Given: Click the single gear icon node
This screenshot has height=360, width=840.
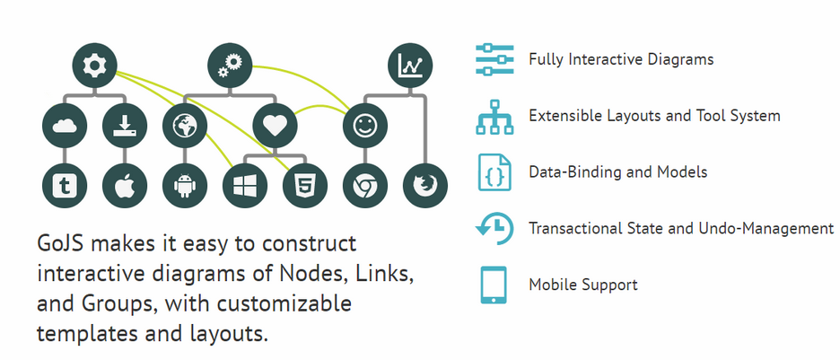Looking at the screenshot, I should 94,65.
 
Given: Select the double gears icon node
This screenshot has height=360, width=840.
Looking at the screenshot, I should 230,65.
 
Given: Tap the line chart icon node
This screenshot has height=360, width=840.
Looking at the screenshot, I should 411,65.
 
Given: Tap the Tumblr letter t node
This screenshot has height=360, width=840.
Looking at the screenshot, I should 65,186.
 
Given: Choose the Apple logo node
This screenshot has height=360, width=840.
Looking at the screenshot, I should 124,186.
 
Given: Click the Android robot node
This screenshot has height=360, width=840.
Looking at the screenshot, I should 184,186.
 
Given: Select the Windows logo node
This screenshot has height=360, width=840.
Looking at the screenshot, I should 244,186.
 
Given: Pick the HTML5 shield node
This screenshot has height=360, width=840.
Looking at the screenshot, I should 304,186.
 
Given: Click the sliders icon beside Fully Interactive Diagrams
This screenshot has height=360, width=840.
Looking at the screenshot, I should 493,60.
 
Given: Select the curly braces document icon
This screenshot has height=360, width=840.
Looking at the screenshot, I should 493,172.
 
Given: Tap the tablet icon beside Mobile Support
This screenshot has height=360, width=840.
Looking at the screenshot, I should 493,285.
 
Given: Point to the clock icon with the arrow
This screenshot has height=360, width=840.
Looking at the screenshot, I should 494,229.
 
